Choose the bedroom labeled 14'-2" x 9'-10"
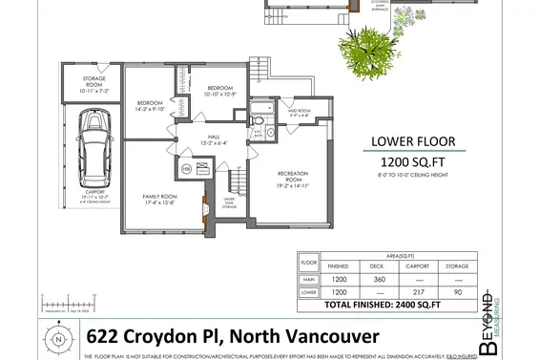pos(151,105)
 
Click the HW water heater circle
pos(187,168)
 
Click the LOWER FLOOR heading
pos(419,143)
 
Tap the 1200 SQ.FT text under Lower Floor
pos(419,163)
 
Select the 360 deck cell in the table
pos(377,279)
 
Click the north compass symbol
pos(59,338)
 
